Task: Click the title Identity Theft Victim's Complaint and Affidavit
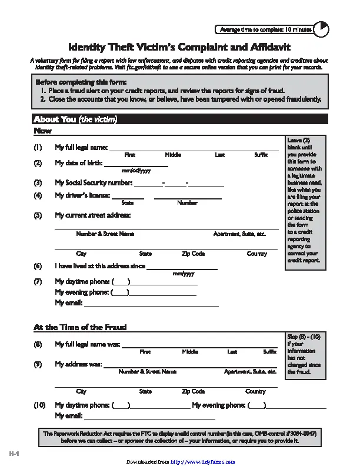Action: (x=179, y=46)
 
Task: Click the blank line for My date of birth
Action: (x=136, y=163)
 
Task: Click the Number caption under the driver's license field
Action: (x=187, y=202)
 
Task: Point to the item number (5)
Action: (x=38, y=215)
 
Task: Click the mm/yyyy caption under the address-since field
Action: (x=183, y=274)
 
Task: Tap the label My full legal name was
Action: (x=87, y=344)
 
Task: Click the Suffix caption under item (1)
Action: (x=261, y=155)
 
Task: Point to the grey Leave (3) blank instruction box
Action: (x=304, y=200)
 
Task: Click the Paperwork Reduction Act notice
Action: (x=179, y=437)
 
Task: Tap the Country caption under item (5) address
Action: (x=256, y=254)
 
